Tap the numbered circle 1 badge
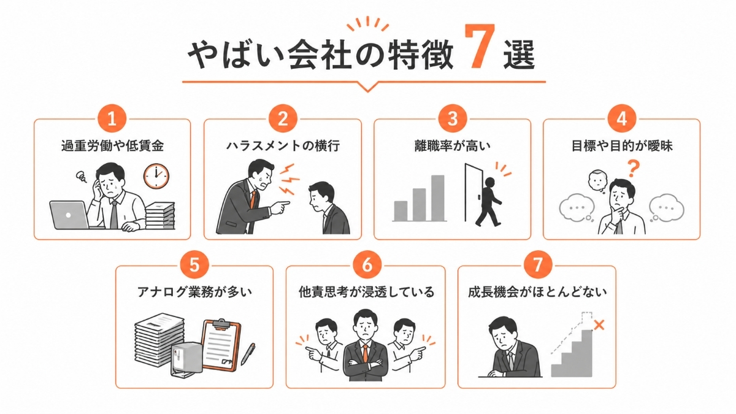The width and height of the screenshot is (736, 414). tap(112, 119)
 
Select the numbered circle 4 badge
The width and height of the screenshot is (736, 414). tap(622, 119)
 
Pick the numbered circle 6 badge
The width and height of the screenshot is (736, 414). tap(366, 266)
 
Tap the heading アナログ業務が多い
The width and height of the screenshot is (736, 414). tap(194, 292)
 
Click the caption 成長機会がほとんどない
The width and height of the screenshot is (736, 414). tap(537, 292)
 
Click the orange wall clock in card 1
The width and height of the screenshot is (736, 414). tap(156, 176)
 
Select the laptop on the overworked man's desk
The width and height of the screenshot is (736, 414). tap(69, 215)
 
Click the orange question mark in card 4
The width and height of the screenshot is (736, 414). tap(634, 167)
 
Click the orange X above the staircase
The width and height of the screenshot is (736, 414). tap(599, 324)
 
